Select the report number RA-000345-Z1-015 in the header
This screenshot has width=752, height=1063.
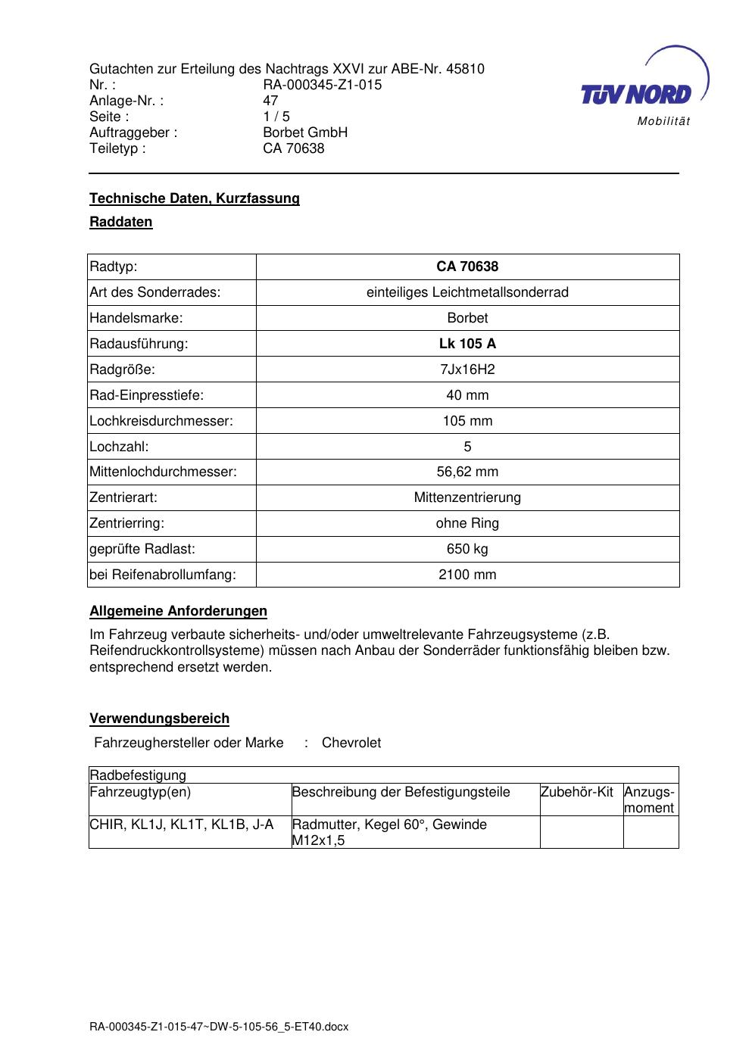click(322, 85)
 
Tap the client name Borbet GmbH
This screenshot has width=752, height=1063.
click(304, 132)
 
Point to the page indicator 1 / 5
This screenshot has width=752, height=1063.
click(276, 117)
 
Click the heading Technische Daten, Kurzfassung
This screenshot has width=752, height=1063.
click(195, 198)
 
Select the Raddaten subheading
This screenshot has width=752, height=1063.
click(121, 222)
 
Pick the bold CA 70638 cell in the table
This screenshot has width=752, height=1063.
click(467, 267)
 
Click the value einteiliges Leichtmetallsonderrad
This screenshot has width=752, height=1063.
click(467, 292)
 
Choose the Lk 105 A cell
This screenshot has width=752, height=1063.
click(467, 344)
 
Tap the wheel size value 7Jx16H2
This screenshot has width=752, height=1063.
click(467, 369)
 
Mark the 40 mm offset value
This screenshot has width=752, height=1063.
click(467, 395)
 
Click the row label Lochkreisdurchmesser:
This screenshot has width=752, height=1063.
click(161, 421)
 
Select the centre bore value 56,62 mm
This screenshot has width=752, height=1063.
click(467, 472)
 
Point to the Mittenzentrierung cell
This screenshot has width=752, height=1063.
click(467, 497)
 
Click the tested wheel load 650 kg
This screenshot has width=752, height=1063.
click(467, 549)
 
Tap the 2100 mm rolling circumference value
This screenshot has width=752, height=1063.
click(467, 575)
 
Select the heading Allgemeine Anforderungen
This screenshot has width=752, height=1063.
click(178, 611)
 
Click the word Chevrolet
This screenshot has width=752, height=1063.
click(351, 743)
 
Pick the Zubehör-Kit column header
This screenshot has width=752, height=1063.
click(576, 792)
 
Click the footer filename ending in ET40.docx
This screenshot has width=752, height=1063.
click(219, 1027)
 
